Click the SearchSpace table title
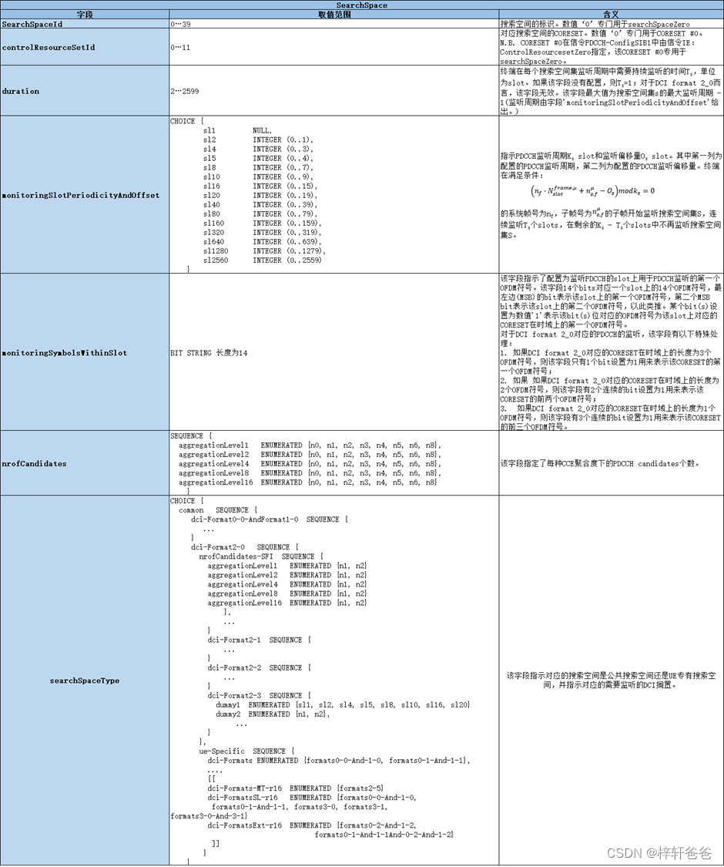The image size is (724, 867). pos(361,5)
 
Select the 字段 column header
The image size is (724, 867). pos(85,15)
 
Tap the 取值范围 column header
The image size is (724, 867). pos(334,15)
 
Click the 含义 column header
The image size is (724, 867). pos(610,15)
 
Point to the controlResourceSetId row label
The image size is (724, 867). pos(49,47)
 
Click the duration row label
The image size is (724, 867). pos(21,91)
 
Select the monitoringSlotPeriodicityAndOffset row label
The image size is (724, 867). pos(81,195)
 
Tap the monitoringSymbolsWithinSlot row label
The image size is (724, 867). pos(65,352)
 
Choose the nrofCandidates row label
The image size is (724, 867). pos(34,463)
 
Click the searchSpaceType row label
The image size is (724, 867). pos(85,680)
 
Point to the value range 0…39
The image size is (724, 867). pos(182,24)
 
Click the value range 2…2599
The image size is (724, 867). pos(186,91)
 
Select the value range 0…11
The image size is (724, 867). pos(182,47)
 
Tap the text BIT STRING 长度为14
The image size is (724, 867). pos(209,352)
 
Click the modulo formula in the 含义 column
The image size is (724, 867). pos(593,190)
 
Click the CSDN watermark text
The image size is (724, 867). pos(659,853)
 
